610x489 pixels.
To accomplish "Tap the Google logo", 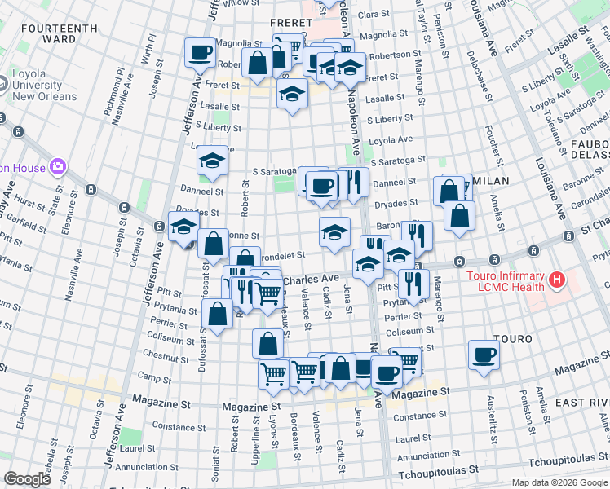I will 27,478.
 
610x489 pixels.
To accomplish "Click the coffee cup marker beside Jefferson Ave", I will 201,54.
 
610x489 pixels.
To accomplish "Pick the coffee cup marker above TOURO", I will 484,355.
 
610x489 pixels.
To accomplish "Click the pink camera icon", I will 58,168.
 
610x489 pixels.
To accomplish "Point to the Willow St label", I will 241,4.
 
